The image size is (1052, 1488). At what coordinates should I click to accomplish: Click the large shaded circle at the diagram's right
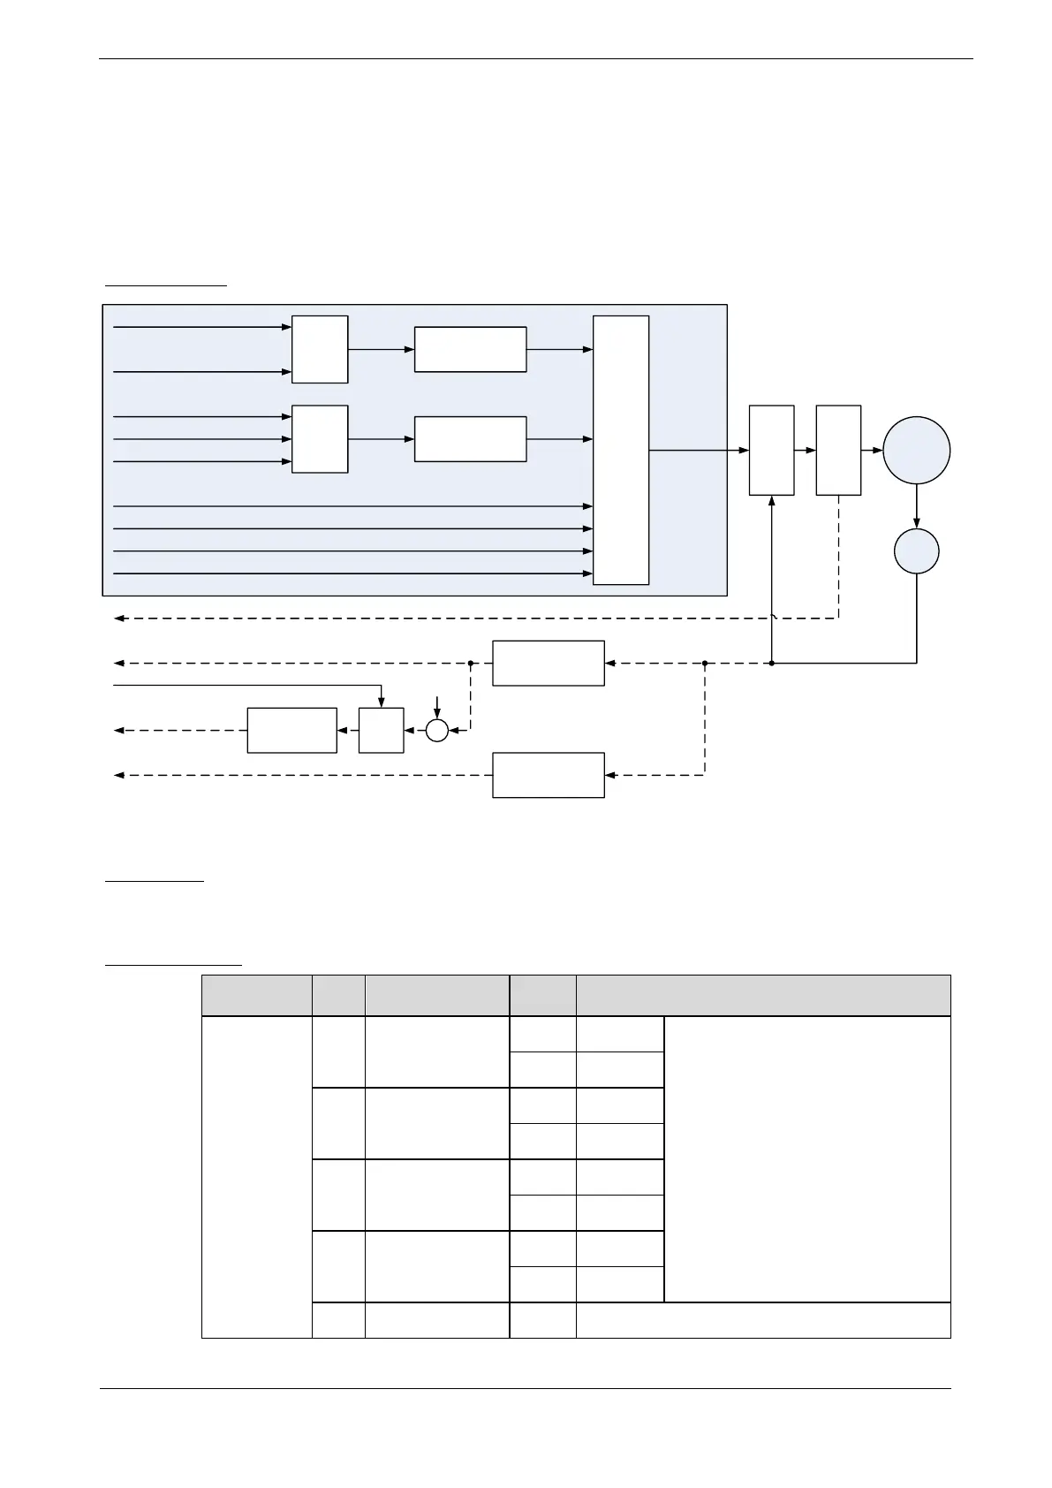916,450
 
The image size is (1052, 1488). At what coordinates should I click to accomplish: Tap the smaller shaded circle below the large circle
916,551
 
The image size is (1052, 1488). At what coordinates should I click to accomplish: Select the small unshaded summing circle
437,730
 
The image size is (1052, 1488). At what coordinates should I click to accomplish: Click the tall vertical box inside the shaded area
621,450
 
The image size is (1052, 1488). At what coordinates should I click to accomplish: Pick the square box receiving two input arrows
320,349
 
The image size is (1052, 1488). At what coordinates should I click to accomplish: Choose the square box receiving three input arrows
320,439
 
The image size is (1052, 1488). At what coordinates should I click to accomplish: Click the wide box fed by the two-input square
470,349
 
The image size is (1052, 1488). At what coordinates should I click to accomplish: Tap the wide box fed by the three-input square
470,439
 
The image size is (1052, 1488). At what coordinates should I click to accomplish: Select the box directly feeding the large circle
838,450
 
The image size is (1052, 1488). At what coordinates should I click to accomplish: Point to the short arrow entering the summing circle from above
437,709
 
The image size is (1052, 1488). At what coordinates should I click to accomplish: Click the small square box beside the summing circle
381,730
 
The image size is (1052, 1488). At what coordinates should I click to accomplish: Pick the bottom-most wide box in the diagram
548,775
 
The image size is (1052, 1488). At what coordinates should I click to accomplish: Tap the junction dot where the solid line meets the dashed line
772,663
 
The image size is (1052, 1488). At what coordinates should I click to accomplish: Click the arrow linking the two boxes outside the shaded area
805,450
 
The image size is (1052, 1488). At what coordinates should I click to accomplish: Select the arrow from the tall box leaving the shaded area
698,450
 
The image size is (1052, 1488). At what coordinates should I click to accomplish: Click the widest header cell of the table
763,996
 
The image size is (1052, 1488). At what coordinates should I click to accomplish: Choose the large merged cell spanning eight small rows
807,1158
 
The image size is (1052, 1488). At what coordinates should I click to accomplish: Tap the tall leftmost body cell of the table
256,1176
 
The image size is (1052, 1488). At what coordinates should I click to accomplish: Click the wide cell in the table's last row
763,1320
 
